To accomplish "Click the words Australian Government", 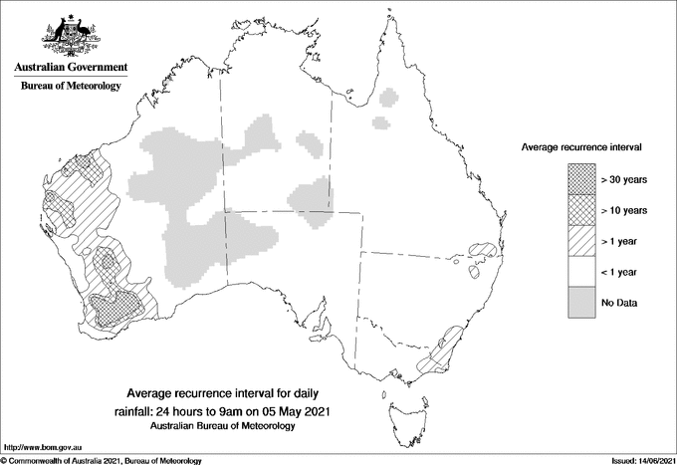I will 71,68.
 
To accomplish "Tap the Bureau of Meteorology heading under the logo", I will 71,86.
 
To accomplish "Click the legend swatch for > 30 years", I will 580,179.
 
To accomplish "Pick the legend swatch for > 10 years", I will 580,210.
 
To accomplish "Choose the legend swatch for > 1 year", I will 580,241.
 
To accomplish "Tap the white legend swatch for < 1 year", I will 580,272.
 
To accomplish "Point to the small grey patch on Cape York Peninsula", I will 389,97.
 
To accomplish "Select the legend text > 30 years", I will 624,179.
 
